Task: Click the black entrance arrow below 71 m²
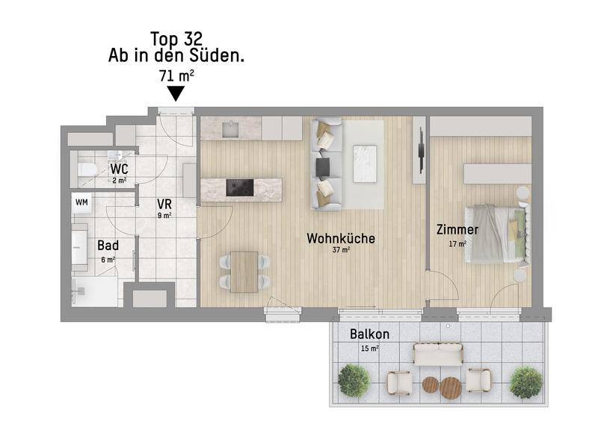(176, 93)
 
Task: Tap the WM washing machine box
(81, 202)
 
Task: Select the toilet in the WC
(86, 169)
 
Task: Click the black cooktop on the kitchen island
(239, 187)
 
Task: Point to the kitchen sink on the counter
(231, 129)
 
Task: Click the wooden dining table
(244, 272)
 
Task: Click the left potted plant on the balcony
(354, 380)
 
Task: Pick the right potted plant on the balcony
(526, 382)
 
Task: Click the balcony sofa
(439, 354)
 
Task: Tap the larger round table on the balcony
(451, 388)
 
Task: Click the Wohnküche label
(341, 238)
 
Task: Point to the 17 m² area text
(457, 243)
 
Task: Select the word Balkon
(369, 334)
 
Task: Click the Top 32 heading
(176, 39)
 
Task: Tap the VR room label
(164, 204)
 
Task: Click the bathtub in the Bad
(79, 248)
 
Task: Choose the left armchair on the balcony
(399, 382)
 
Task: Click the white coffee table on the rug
(365, 164)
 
